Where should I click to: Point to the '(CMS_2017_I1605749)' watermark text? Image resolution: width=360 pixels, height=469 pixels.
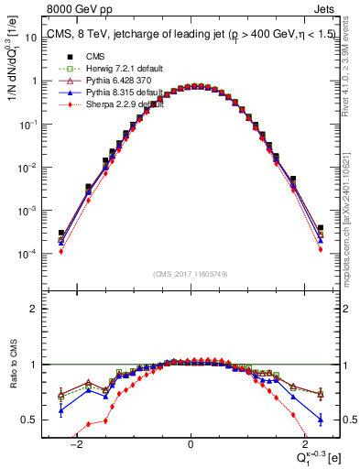pos(191,274)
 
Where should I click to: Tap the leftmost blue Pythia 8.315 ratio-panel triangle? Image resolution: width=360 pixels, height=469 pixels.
pos(60,410)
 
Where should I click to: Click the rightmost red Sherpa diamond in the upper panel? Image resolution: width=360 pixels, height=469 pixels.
pos(321,248)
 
